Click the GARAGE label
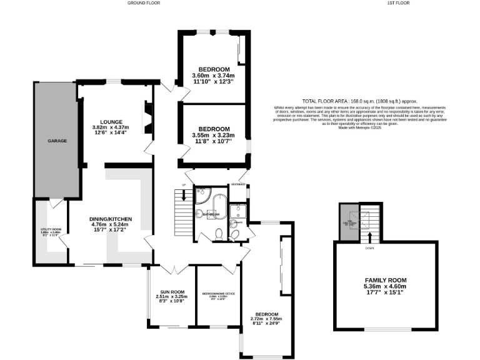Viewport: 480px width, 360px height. [x=57, y=141]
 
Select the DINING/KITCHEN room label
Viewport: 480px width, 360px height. [x=112, y=218]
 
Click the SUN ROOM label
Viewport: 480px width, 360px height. [x=171, y=291]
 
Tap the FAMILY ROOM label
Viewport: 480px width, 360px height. [x=386, y=280]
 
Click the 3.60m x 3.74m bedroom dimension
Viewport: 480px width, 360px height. [x=214, y=76]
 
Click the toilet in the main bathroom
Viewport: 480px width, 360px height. [x=219, y=234]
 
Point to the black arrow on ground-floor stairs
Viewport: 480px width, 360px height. [x=183, y=196]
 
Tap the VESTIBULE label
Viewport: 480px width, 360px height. [x=239, y=186]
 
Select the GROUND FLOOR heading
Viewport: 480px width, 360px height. [x=144, y=3]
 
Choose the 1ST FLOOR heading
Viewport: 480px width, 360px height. [x=397, y=3]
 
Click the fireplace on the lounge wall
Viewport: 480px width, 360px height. [x=147, y=115]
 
